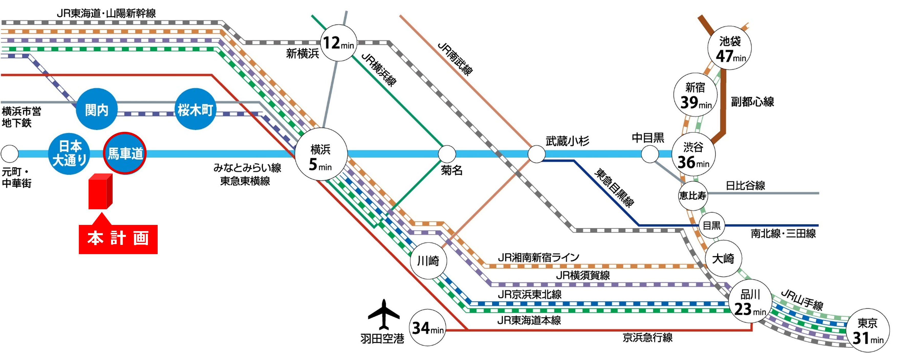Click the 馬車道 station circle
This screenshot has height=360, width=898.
pyautogui.click(x=125, y=153)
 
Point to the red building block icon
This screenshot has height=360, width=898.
pyautogui.click(x=100, y=191)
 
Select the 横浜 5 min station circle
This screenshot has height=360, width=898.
pyautogui.click(x=321, y=154)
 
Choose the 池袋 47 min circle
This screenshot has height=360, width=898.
pyautogui.click(x=729, y=48)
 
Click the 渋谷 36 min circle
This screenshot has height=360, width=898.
pyautogui.click(x=693, y=154)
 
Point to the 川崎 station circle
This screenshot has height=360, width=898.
pyautogui.click(x=428, y=261)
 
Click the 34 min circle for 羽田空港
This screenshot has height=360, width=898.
pyautogui.click(x=427, y=328)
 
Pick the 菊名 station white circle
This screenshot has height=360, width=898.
pyautogui.click(x=447, y=154)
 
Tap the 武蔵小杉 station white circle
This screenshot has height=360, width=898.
pyautogui.click(x=536, y=154)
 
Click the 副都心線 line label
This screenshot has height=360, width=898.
pyautogui.click(x=752, y=102)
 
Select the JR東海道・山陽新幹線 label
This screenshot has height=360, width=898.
pyautogui.click(x=106, y=13)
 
